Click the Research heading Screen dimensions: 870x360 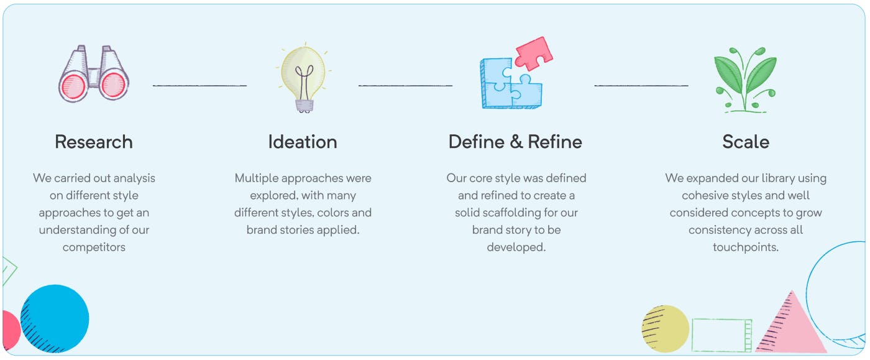94,142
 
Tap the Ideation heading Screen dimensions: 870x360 303,142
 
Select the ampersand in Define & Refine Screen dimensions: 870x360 516,142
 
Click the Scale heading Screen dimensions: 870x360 746,142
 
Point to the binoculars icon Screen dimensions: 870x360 94,73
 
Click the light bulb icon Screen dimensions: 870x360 304,78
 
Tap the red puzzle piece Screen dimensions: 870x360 534,53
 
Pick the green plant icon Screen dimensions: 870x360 745,80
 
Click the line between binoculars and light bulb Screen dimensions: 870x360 199,85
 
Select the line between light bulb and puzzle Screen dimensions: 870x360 405,85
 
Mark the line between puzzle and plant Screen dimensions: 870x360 641,85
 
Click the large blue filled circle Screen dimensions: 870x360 55,319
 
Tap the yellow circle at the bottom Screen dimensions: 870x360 666,329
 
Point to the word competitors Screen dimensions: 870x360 94,247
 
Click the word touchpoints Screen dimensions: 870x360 746,247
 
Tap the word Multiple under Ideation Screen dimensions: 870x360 256,178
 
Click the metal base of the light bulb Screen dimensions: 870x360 304,106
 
